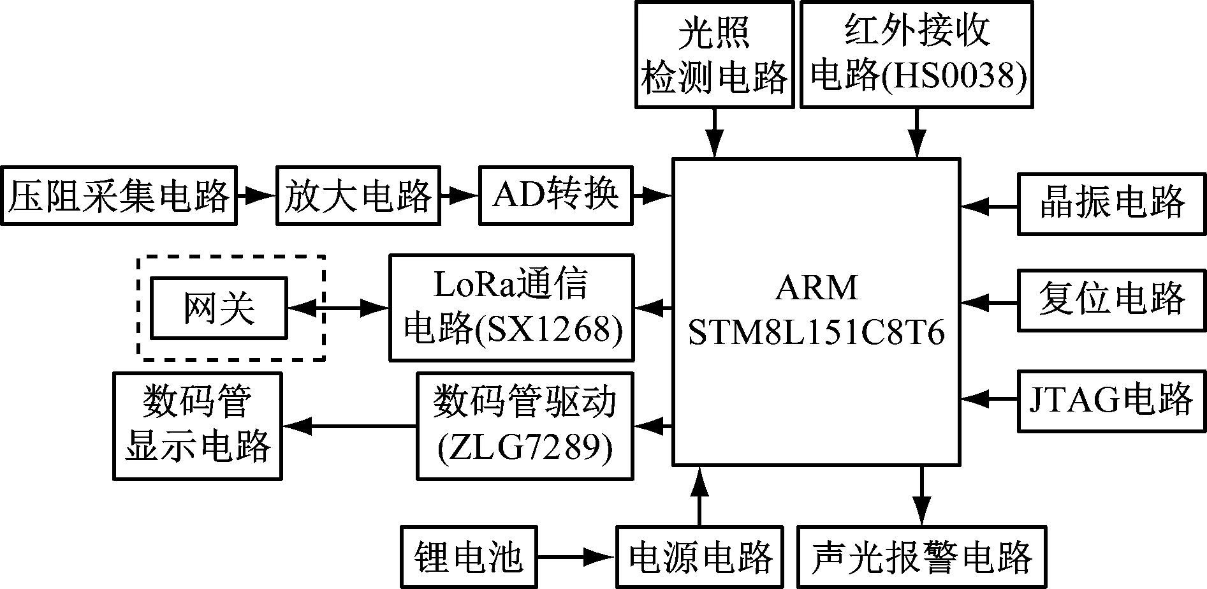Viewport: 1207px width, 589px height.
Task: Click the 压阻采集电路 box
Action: (119, 196)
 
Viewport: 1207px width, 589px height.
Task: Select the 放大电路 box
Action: (358, 196)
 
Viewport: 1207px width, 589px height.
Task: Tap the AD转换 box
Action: (556, 196)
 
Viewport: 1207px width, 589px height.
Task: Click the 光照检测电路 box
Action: (714, 54)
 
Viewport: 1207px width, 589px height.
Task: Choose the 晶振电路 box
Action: (1111, 204)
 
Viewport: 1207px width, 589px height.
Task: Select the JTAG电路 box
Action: (1111, 399)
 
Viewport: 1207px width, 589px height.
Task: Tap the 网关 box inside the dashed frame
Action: (219, 308)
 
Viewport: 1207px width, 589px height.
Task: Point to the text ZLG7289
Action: (525, 449)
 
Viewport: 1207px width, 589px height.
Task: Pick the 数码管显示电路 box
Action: (198, 426)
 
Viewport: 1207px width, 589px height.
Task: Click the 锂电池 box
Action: (469, 556)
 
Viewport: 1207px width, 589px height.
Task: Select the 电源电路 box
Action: (700, 556)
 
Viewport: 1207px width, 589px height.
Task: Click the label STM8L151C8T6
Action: (816, 332)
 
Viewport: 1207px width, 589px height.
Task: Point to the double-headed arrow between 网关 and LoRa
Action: (338, 308)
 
